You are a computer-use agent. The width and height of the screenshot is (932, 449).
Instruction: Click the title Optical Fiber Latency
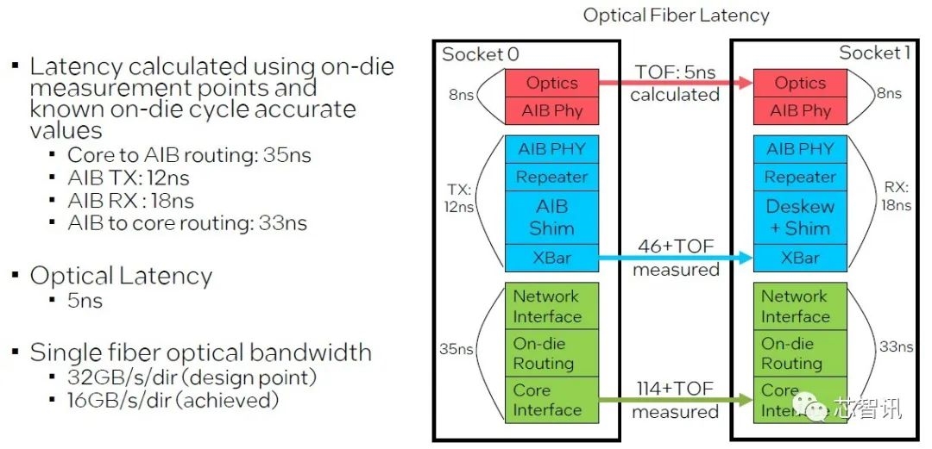pyautogui.click(x=676, y=15)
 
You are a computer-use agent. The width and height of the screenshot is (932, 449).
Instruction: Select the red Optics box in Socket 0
pyautogui.click(x=551, y=84)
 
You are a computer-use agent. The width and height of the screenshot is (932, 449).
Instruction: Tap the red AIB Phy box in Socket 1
pyautogui.click(x=800, y=110)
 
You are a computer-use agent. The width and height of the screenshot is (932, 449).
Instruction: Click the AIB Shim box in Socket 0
pyautogui.click(x=551, y=217)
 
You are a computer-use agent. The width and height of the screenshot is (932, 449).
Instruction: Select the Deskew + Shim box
pyautogui.click(x=800, y=217)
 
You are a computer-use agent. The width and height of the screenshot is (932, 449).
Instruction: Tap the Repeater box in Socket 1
pyautogui.click(x=800, y=177)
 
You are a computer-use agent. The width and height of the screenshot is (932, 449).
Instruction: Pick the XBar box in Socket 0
pyautogui.click(x=551, y=257)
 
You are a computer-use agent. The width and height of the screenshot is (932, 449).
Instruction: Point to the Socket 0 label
pyautogui.click(x=481, y=54)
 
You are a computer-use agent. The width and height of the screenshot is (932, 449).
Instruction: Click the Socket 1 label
pyautogui.click(x=874, y=53)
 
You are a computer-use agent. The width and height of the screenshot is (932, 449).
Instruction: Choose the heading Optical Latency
pyautogui.click(x=121, y=276)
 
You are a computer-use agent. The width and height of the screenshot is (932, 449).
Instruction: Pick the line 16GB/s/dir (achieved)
pyautogui.click(x=173, y=400)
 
